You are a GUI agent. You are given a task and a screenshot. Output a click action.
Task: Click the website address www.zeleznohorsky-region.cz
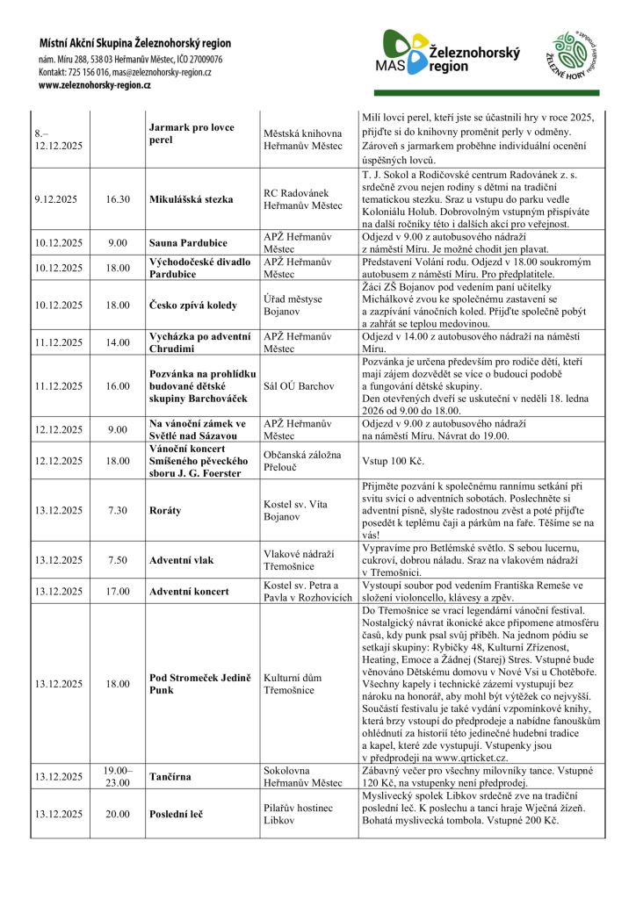95,85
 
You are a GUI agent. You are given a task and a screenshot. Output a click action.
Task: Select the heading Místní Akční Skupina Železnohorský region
134,42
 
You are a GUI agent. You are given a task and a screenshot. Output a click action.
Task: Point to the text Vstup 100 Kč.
390,459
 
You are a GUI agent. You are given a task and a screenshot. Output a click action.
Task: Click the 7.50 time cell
118,557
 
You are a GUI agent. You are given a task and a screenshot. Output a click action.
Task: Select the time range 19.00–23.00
118,776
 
